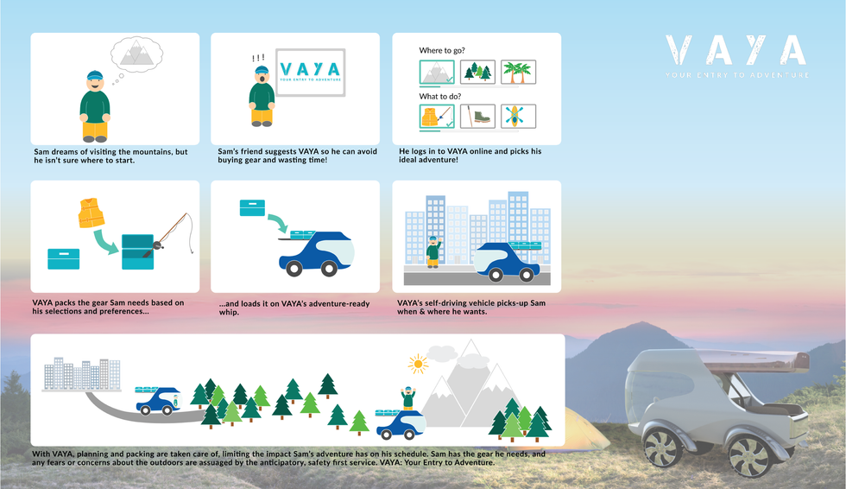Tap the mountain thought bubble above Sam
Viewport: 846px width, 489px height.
coord(136,54)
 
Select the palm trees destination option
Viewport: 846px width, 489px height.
coord(518,72)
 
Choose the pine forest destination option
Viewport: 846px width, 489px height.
coord(477,72)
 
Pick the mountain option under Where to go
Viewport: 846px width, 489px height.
coord(437,73)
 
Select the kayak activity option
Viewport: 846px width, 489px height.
coord(518,116)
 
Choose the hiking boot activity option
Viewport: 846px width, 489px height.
coord(477,116)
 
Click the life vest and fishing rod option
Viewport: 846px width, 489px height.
coord(437,117)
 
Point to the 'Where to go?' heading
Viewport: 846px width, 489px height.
coord(442,50)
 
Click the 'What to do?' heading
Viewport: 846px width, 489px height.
coord(440,96)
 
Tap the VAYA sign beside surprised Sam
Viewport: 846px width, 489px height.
coord(310,73)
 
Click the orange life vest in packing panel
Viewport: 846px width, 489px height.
coord(92,213)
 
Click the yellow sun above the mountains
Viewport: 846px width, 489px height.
coord(418,365)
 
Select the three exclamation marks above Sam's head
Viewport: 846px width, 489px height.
coord(258,58)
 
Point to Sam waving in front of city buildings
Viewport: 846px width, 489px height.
coord(433,251)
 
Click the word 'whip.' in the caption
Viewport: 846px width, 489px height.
coord(229,312)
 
